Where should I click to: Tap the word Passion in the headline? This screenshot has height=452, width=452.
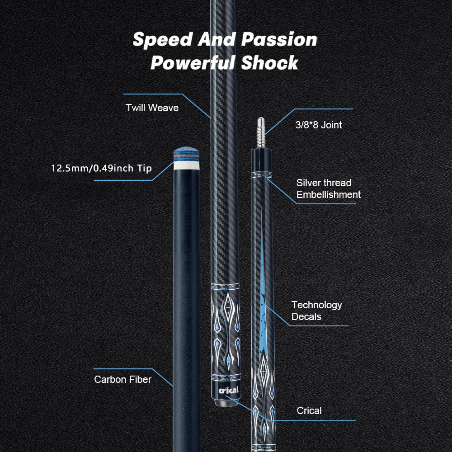279,40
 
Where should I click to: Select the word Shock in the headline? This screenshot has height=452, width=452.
269,63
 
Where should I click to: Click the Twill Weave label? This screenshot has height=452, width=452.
152,108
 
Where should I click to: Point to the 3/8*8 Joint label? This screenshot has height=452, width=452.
318,125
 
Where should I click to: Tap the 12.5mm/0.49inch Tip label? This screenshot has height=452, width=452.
101,169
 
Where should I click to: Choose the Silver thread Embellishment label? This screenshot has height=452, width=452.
328,188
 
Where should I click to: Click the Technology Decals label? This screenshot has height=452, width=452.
316,311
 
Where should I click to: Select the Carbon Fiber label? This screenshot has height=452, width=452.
122,379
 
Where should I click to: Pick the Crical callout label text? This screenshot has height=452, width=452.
309,410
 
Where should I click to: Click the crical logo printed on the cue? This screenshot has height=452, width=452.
228,390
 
